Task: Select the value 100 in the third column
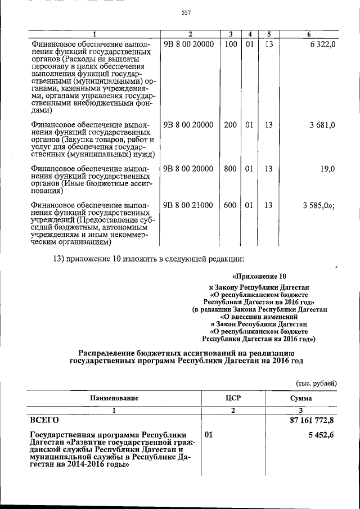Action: coord(230,44)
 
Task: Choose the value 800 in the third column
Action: coord(230,169)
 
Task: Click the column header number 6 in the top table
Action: coord(309,34)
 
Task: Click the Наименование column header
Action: coord(112,398)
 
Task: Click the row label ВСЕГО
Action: coord(43,420)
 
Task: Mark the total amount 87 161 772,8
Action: coord(309,420)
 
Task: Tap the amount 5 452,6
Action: coord(321,435)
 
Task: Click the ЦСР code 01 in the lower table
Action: coord(209,435)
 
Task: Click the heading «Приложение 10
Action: coord(259,276)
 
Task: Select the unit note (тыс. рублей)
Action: coord(316,382)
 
